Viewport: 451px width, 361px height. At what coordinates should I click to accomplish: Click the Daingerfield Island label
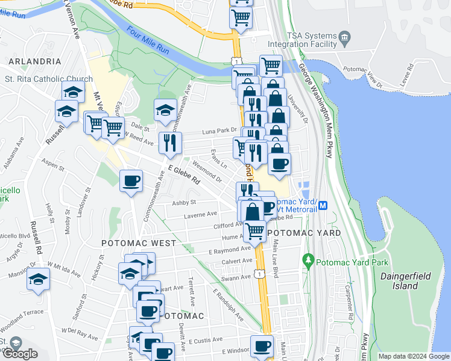399,281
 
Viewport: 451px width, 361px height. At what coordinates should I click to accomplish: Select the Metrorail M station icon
323,205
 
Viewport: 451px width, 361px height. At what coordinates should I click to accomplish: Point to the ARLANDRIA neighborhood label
34,61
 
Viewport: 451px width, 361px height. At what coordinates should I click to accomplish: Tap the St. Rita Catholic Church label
48,79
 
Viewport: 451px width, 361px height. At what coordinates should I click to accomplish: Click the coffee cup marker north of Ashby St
131,180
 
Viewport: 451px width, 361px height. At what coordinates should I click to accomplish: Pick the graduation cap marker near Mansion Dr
38,279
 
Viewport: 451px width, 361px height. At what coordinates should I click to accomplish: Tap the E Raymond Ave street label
229,250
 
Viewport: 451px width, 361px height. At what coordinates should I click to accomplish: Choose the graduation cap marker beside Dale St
165,109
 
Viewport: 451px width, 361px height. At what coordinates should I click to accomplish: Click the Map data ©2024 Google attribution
414,356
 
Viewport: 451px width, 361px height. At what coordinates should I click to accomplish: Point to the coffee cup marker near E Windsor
262,346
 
